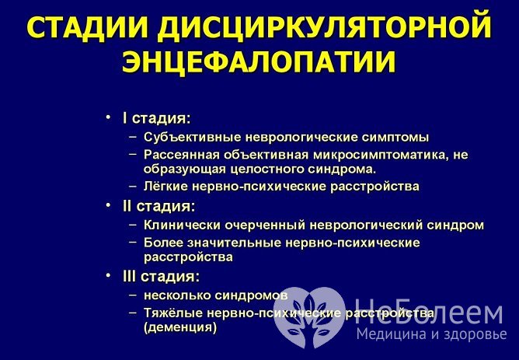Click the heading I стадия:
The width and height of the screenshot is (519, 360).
tap(156, 118)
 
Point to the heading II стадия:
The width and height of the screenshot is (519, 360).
tap(158, 207)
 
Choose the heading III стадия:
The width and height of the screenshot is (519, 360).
tap(161, 276)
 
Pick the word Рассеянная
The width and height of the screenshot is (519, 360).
tap(179, 154)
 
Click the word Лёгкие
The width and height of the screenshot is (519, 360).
tap(165, 187)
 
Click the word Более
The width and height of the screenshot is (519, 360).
tap(162, 243)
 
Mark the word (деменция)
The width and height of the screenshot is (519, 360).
tap(179, 327)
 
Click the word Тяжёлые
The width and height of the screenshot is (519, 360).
tap(172, 312)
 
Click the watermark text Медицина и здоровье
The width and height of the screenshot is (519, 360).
tap(431, 335)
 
